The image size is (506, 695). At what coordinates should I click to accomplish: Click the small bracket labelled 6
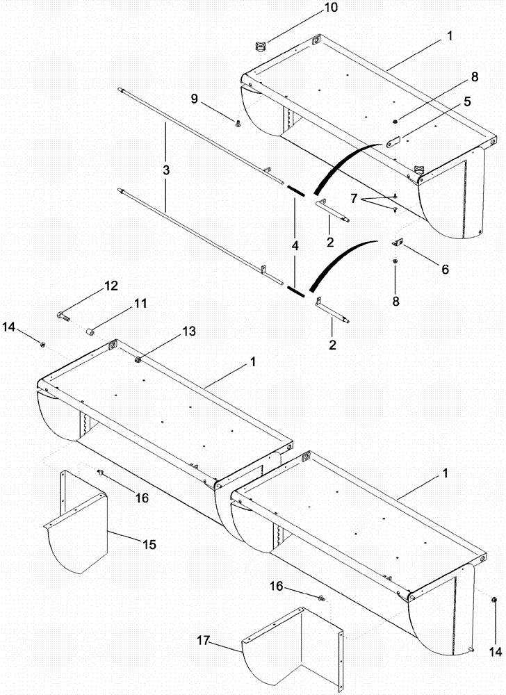coord(399,243)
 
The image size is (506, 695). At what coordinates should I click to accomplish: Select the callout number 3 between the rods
coord(165,169)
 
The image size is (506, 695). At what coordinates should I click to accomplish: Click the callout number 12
coord(111,286)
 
